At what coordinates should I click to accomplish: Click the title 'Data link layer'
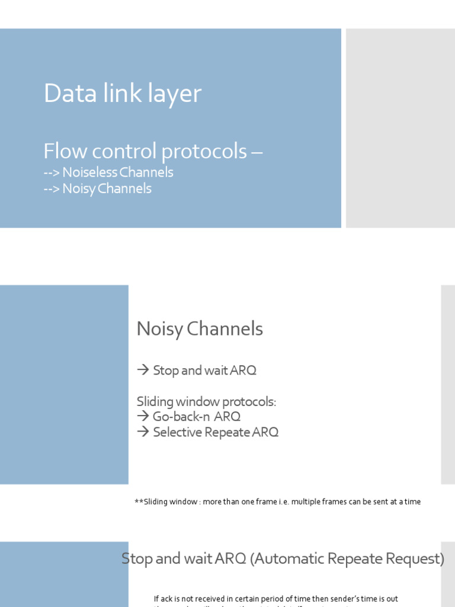pos(123,94)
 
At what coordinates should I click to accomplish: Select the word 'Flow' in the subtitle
pos(62,152)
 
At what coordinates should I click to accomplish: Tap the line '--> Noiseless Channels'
pos(108,172)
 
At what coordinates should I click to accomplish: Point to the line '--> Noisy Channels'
pos(98,189)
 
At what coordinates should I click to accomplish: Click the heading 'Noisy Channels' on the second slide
pos(200,329)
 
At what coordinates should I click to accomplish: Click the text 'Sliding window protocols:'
pos(206,402)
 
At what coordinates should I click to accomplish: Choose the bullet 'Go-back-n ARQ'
pos(196,417)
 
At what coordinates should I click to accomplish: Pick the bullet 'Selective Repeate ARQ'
pos(215,432)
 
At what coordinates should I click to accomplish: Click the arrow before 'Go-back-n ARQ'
pos(143,417)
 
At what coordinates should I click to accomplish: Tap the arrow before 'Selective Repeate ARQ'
pos(143,432)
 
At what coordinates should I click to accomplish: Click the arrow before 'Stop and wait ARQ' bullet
pos(143,370)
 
